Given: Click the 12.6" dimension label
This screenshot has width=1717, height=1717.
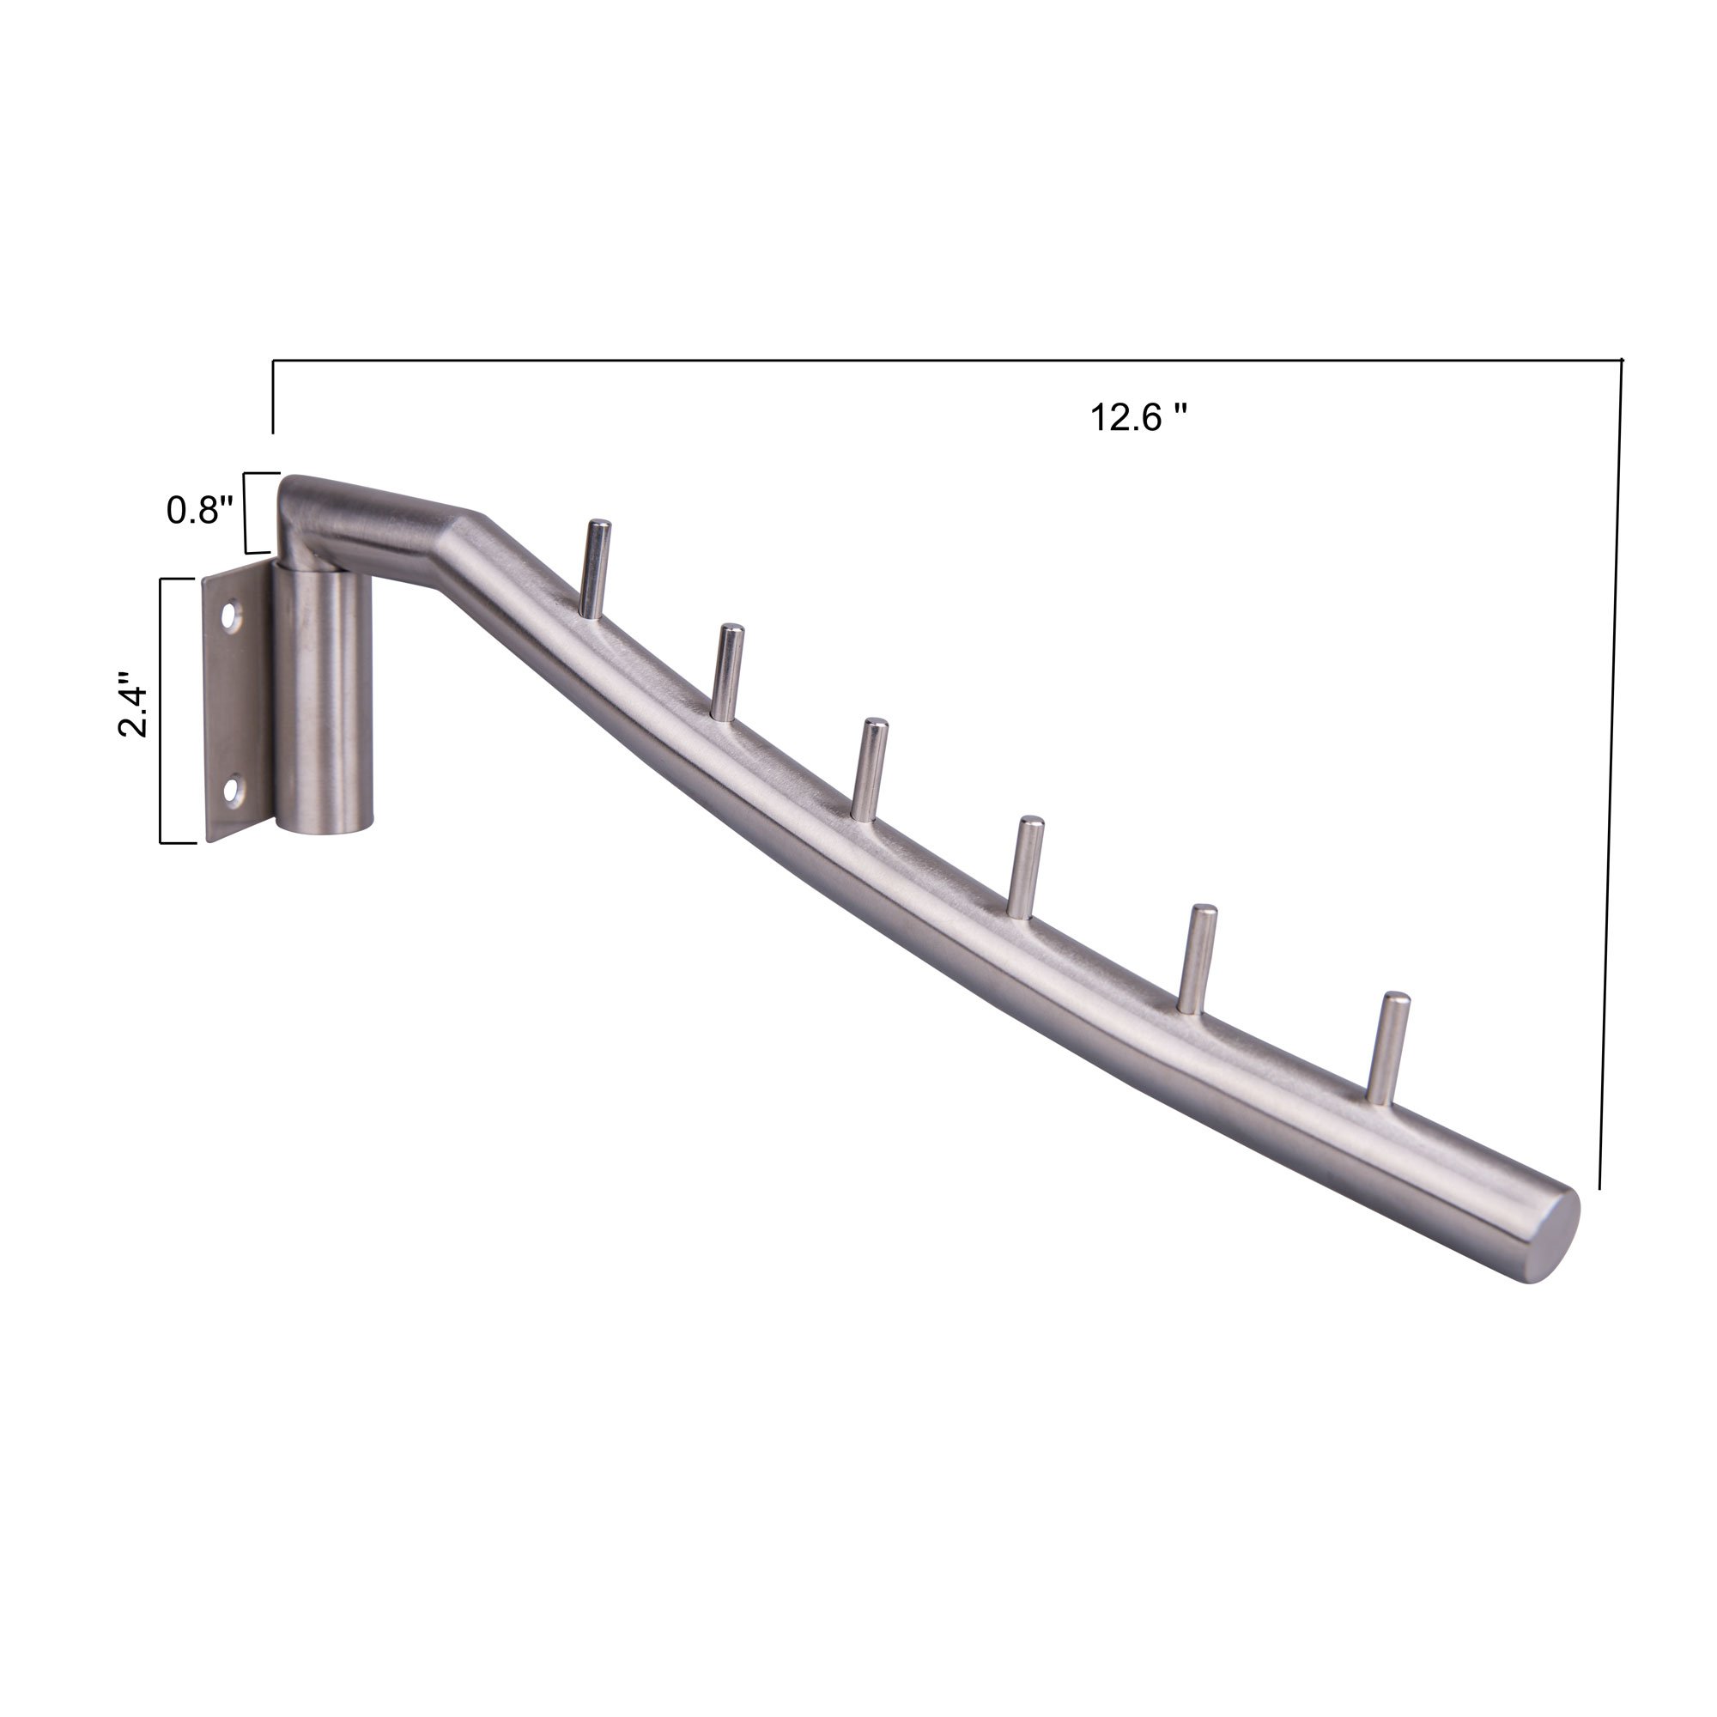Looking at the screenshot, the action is (1138, 417).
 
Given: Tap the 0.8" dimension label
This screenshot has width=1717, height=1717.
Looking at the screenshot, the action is (200, 510).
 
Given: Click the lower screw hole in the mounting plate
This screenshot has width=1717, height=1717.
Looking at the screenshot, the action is (234, 791).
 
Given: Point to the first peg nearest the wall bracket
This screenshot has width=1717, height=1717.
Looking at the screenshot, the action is (595, 567).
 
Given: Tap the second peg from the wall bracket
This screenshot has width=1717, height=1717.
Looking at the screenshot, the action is (728, 672).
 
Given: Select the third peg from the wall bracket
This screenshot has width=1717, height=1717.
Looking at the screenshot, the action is (871, 767).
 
